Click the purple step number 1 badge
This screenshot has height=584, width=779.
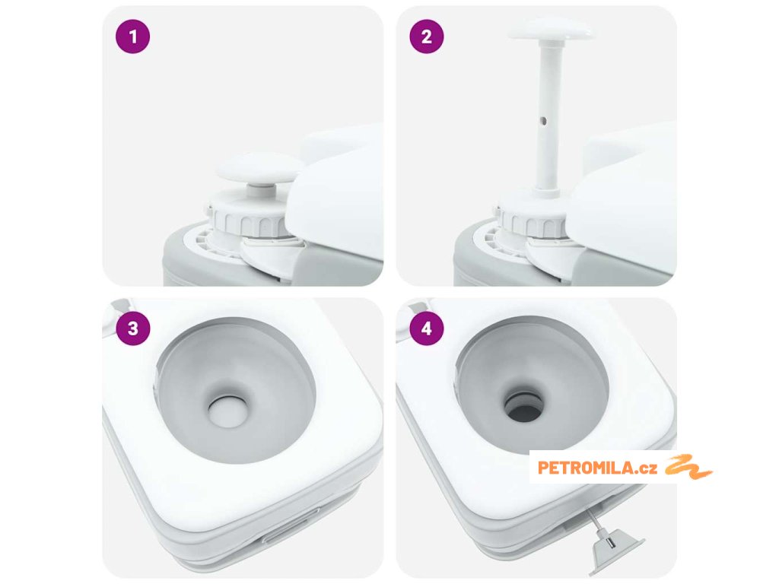[x=132, y=36]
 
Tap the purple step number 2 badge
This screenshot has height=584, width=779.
[x=427, y=36]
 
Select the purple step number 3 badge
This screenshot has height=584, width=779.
[x=132, y=328]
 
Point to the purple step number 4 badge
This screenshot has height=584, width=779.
[x=427, y=328]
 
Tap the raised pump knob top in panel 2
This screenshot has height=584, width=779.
[x=552, y=29]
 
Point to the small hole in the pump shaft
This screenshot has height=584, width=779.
[x=543, y=120]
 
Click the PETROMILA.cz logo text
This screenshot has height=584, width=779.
[x=598, y=468]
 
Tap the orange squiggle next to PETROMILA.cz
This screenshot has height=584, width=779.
[x=688, y=467]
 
